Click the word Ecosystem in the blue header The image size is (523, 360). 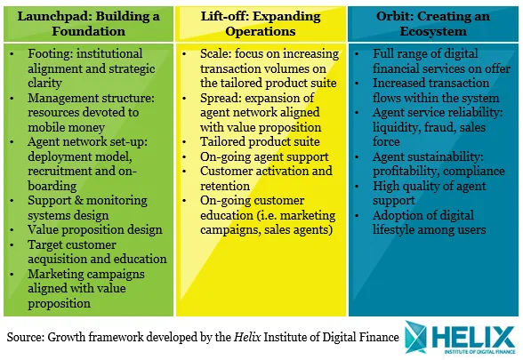(x=433, y=31)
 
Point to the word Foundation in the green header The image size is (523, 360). (x=88, y=31)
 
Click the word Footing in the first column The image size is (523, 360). (x=45, y=54)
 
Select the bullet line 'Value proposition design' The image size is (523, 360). (x=95, y=230)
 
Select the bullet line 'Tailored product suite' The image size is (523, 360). (x=260, y=142)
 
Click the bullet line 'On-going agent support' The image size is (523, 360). (x=264, y=157)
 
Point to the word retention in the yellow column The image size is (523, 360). (x=225, y=186)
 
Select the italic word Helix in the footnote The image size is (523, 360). (x=247, y=337)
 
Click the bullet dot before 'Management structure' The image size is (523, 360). (x=12, y=99)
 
